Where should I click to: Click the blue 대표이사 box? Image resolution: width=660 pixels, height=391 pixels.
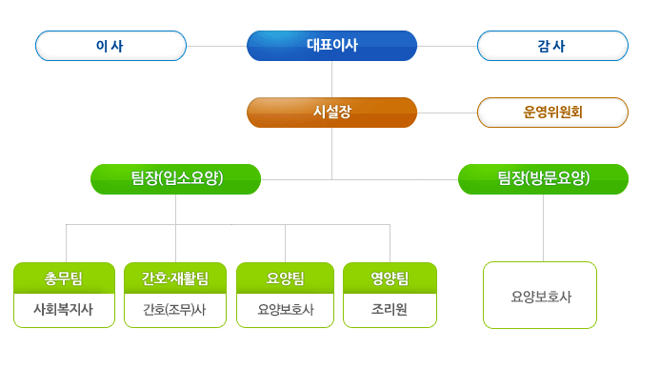click(331, 46)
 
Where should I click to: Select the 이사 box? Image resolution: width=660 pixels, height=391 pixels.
click(110, 46)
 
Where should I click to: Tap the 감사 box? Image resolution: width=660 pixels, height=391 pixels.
click(552, 46)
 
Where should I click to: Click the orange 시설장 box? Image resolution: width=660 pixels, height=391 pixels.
click(331, 113)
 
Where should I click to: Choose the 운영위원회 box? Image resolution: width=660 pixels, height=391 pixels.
click(552, 113)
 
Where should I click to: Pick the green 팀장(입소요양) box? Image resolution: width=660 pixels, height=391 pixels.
click(175, 179)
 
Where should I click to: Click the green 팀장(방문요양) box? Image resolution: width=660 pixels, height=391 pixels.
click(543, 179)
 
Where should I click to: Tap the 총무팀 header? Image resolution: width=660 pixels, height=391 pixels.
click(64, 278)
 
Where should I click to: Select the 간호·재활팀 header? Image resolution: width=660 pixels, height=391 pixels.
click(175, 278)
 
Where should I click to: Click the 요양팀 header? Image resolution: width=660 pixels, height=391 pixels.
click(285, 278)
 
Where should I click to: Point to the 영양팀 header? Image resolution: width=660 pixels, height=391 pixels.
click(390, 278)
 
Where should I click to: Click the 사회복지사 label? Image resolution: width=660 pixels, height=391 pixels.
click(63, 310)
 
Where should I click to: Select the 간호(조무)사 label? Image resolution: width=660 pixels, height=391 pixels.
click(174, 310)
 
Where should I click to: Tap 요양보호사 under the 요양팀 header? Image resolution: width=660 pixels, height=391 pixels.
click(286, 310)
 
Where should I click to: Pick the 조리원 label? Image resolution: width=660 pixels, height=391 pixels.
click(390, 310)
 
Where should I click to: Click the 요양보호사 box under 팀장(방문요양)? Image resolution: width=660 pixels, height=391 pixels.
click(540, 295)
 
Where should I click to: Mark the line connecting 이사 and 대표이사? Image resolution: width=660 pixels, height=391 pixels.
click(216, 46)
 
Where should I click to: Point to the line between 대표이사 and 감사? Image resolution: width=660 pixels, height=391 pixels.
click(447, 46)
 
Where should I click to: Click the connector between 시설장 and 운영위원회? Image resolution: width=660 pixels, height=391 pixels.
click(447, 113)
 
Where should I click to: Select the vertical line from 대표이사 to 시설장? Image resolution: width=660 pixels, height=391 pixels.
click(331, 79)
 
